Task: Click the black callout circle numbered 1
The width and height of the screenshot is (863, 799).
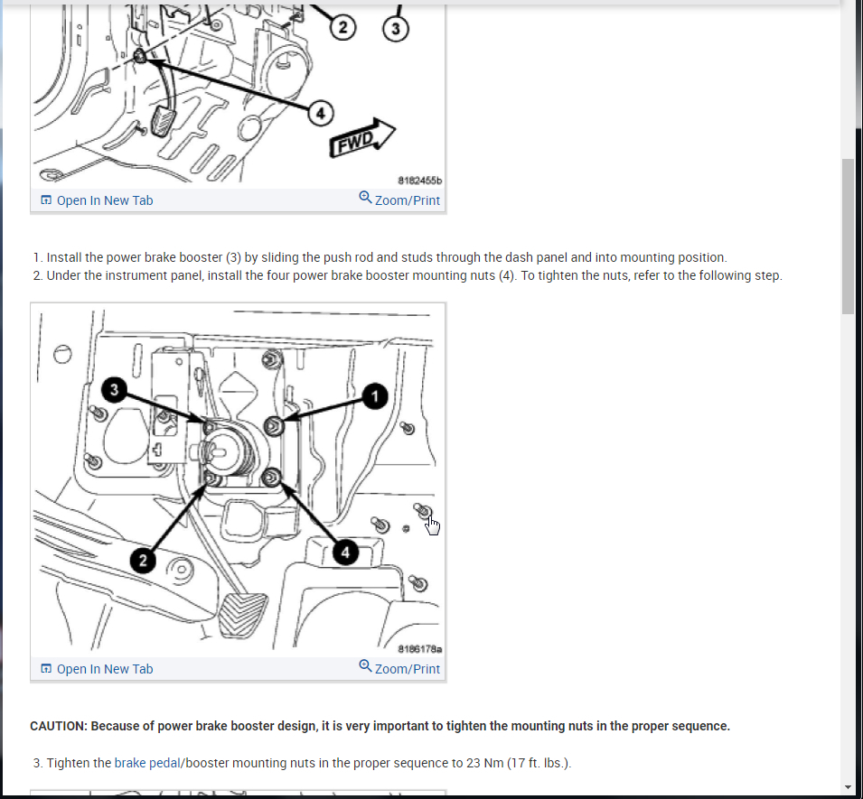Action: coord(375,396)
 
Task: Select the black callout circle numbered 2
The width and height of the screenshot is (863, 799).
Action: coord(143,561)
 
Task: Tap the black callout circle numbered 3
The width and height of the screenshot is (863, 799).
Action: coord(115,390)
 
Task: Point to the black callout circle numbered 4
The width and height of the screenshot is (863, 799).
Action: coord(345,553)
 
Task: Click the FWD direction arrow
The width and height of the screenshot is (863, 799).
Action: coord(361,138)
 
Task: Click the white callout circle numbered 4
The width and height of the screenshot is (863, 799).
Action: coord(321,113)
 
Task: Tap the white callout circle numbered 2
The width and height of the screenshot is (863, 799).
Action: coord(342,27)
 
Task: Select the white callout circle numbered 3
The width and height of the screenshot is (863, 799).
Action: coord(396,29)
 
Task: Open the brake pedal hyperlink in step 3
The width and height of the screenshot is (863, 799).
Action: coord(147,763)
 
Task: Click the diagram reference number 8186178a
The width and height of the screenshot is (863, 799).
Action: coord(420,649)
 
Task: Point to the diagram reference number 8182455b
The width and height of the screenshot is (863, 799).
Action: coord(420,181)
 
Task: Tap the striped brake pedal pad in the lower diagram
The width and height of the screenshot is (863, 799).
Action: coord(242,615)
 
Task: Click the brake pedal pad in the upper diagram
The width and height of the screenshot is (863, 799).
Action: coord(163,122)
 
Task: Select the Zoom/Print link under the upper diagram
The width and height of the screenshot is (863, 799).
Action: coord(399,200)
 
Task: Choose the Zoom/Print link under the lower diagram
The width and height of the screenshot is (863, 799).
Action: coord(399,668)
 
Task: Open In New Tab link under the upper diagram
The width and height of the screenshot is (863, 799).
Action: coord(97,200)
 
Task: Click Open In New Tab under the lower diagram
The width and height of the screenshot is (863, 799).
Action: coord(97,669)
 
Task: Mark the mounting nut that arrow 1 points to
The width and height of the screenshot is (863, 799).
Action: coord(274,426)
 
